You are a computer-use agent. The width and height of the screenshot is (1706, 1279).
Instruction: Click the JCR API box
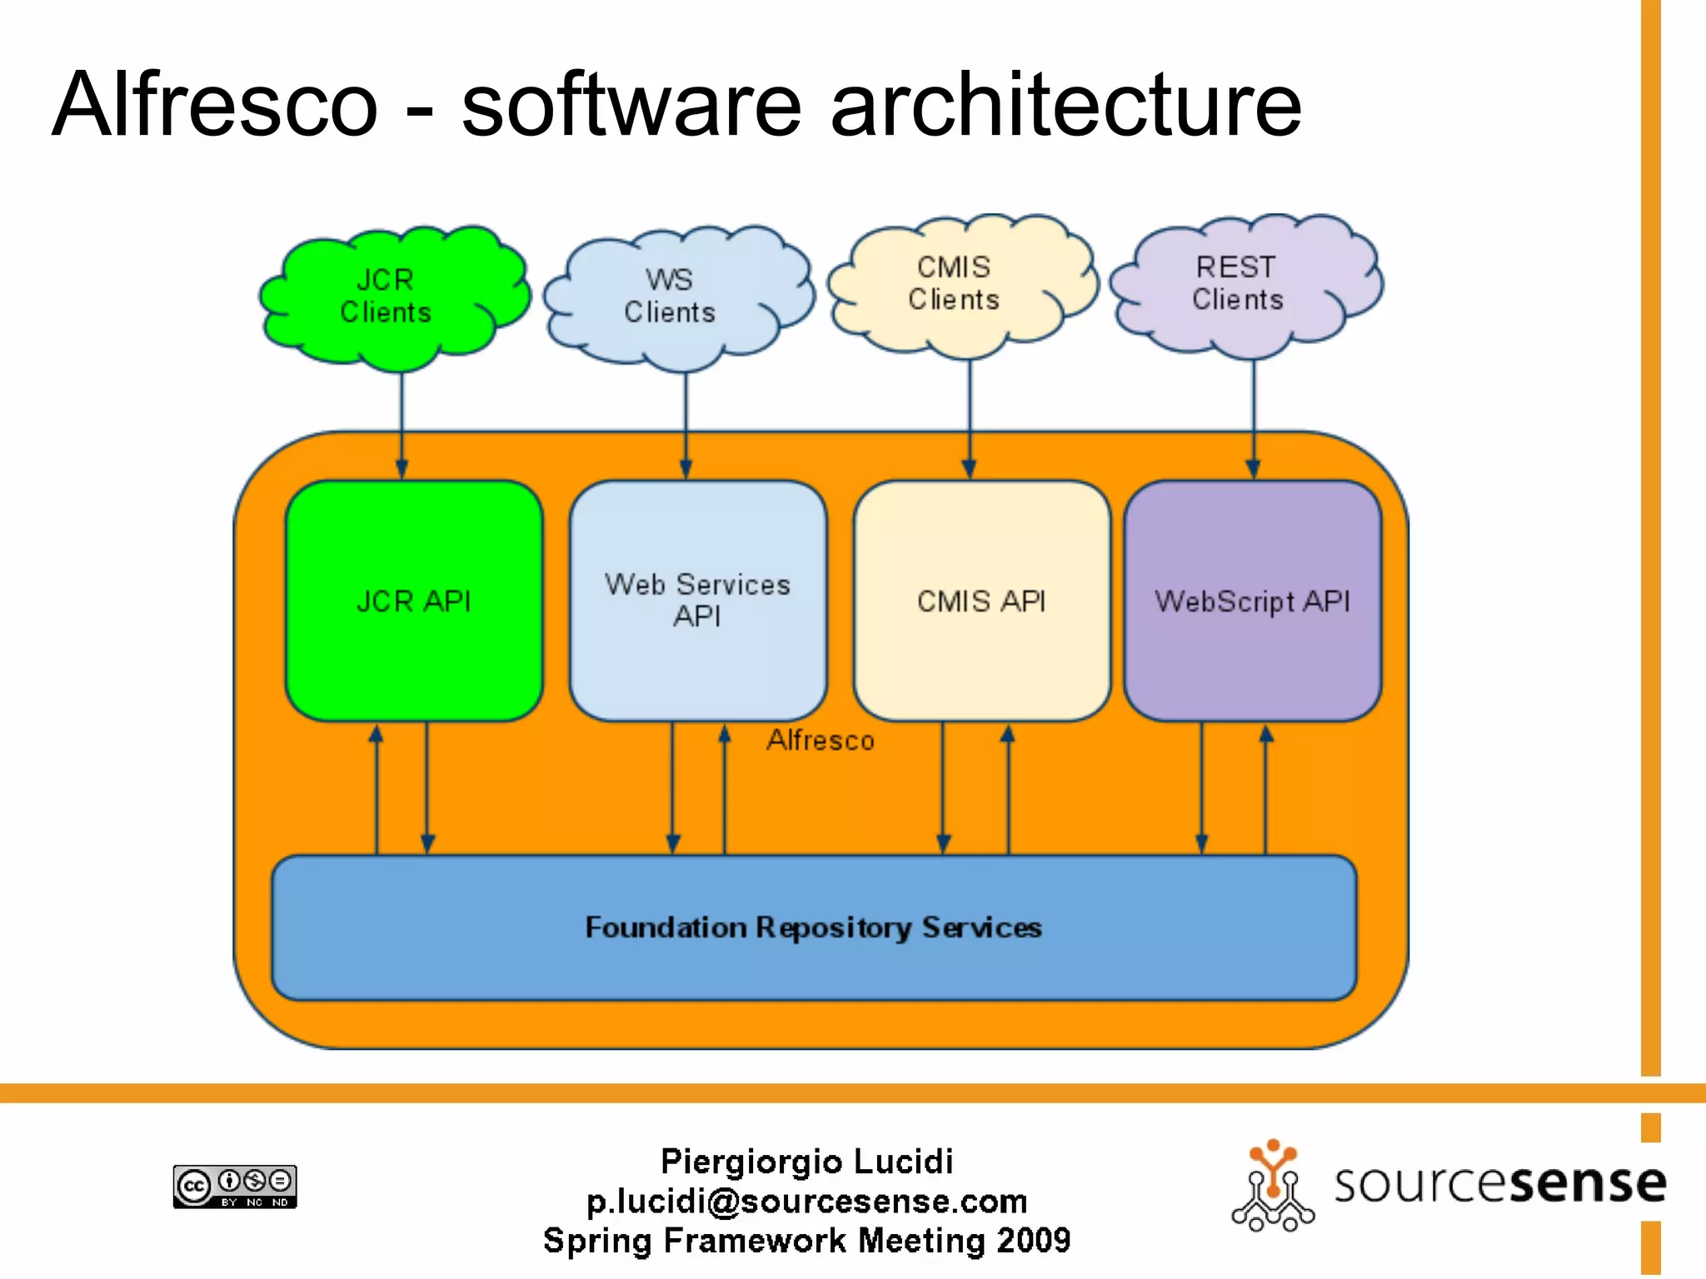pos(414,600)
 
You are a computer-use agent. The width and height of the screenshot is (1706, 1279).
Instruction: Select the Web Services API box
pos(698,600)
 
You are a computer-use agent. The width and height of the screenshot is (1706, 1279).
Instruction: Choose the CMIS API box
pos(981,600)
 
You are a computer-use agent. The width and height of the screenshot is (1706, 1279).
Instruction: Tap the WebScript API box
pos(1252,600)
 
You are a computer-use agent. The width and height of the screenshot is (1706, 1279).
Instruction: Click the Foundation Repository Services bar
pos(814,927)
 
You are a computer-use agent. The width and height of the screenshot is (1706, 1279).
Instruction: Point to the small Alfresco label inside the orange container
pos(821,740)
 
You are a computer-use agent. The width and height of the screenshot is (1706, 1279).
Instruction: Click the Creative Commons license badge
pos(235,1186)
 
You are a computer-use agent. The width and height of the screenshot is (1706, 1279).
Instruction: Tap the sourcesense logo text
pos(1499,1182)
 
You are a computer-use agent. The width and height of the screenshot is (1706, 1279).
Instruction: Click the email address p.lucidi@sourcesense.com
pos(806,1201)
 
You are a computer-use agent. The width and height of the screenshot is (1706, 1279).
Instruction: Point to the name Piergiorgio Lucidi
pos(806,1161)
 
